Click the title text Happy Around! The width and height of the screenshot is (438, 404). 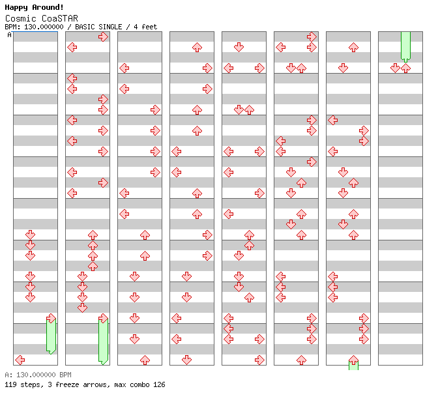pyautogui.click(x=35, y=7)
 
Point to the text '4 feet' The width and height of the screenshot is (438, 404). pyautogui.click(x=146, y=27)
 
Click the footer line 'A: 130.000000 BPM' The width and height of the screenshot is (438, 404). pyautogui.click(x=38, y=375)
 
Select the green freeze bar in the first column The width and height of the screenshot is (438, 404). pyautogui.click(x=51, y=336)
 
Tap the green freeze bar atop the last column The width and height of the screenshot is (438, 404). pyautogui.click(x=405, y=46)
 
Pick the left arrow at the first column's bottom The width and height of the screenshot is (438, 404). pyautogui.click(x=20, y=360)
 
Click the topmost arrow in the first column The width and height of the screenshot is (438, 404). pyautogui.click(x=30, y=235)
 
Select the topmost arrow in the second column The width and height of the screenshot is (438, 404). pyautogui.click(x=103, y=36)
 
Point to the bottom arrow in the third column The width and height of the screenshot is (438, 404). pyautogui.click(x=145, y=360)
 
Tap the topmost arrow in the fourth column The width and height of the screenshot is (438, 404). pyautogui.click(x=197, y=47)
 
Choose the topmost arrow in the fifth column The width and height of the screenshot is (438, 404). pyautogui.click(x=239, y=47)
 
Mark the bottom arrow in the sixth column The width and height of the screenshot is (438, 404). pyautogui.click(x=301, y=360)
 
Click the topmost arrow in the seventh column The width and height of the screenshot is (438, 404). pyautogui.click(x=353, y=47)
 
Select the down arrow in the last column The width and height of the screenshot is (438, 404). pyautogui.click(x=395, y=68)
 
